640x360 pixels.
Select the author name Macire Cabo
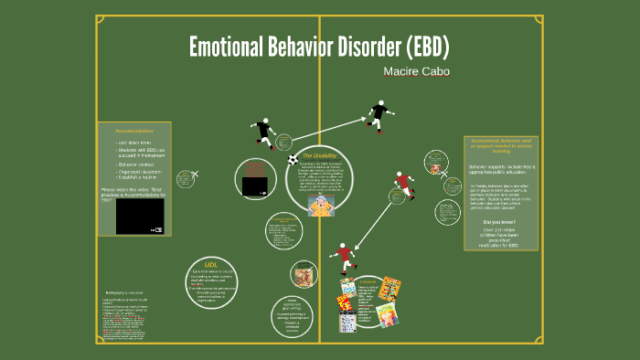tap(417, 69)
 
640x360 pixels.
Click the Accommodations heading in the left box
tap(133, 131)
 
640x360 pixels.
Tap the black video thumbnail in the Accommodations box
tap(140, 217)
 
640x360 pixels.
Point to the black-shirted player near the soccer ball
tap(265, 133)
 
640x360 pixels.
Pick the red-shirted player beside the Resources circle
tap(344, 256)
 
